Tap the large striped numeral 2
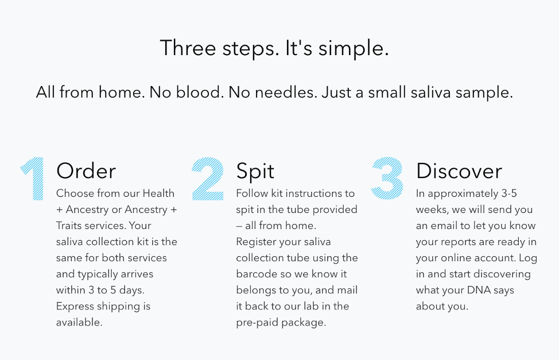click(x=208, y=179)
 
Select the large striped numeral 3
click(x=387, y=177)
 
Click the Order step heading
click(x=86, y=171)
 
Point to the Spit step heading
click(x=255, y=172)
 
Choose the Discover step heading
click(x=459, y=171)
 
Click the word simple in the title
click(x=354, y=49)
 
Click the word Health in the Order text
click(x=158, y=193)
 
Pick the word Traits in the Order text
click(x=68, y=226)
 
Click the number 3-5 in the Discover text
click(x=509, y=193)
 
